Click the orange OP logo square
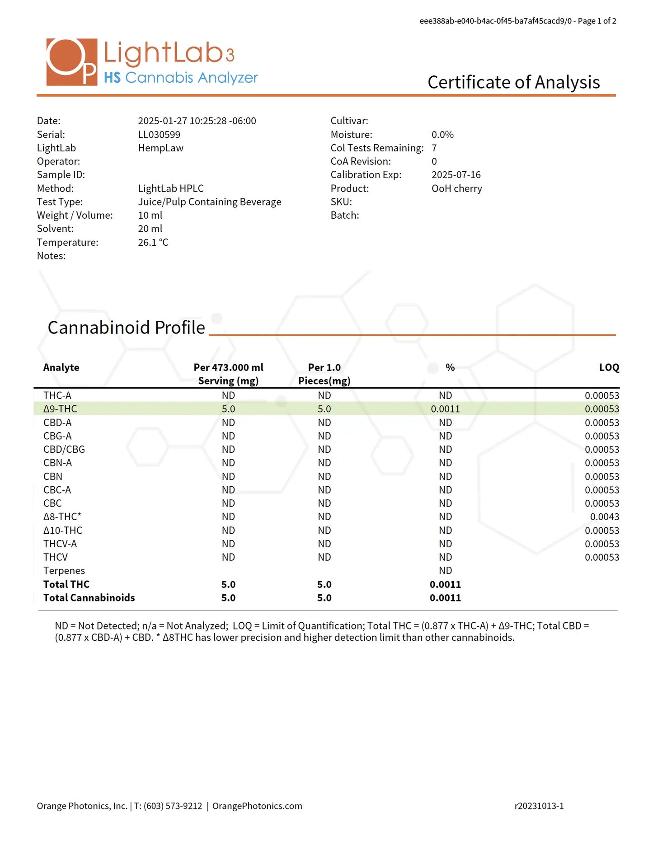(71, 62)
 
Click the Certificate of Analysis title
(513, 82)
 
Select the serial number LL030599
(159, 135)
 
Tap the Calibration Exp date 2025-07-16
(456, 175)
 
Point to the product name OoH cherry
(456, 188)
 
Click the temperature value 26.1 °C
(153, 242)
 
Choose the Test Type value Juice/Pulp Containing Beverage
(209, 202)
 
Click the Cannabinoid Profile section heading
(126, 328)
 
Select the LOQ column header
(609, 367)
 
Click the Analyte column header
(61, 367)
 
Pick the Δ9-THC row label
(60, 409)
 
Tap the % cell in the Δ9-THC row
(445, 409)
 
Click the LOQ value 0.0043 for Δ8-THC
(604, 517)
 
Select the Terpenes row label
(64, 571)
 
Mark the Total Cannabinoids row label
(89, 598)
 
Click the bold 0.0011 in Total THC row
(445, 584)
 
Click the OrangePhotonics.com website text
(257, 806)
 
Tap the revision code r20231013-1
(539, 806)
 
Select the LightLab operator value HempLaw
(160, 148)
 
